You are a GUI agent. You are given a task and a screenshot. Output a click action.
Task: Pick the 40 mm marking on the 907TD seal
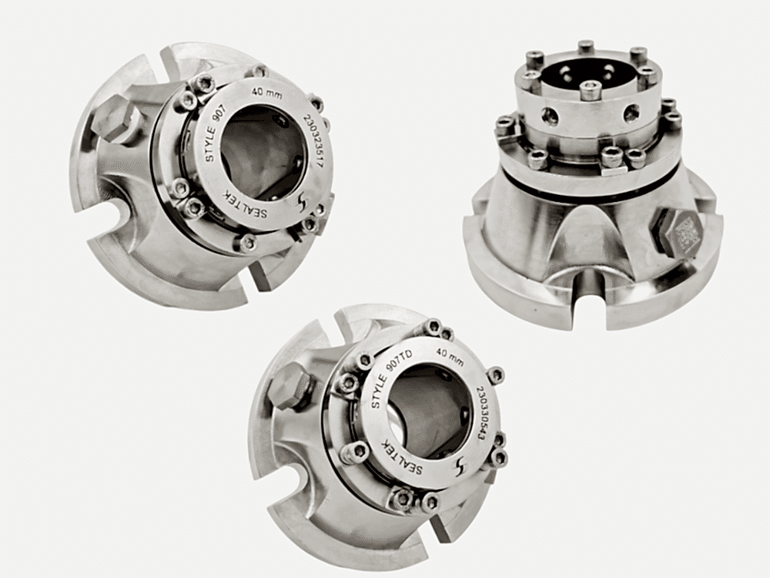pos(450,358)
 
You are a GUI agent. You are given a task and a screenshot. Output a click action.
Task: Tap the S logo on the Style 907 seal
pos(302,201)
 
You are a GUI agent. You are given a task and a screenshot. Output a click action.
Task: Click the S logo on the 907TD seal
pos(460,466)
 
